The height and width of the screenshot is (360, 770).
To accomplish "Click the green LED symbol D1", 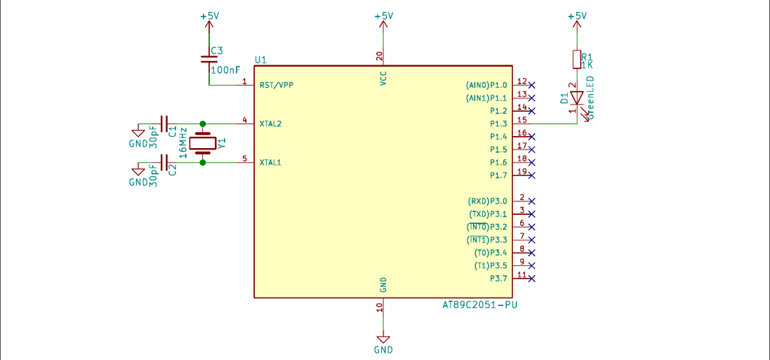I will click(577, 98).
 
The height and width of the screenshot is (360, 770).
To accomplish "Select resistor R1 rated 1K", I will click(577, 59).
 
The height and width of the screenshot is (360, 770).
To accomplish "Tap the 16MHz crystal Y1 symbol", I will click(203, 142).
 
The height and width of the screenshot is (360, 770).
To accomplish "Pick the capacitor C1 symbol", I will click(165, 123).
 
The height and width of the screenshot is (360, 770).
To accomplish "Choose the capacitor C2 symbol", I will click(165, 162).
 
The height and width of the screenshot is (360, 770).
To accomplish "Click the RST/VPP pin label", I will click(276, 85).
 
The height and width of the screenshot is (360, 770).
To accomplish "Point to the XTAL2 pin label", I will click(271, 123).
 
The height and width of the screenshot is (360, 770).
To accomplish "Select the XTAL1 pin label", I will click(271, 162).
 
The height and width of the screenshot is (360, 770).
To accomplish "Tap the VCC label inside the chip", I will click(383, 79).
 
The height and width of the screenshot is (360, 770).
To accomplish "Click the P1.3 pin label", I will click(499, 123).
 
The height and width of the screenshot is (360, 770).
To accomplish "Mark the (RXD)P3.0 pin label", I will click(487, 201).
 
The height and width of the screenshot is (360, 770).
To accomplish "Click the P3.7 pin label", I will click(499, 278).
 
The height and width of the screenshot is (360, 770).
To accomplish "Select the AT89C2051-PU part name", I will click(480, 305).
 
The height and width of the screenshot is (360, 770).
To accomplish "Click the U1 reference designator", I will click(260, 59).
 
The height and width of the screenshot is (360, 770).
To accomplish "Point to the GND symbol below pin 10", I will click(383, 342).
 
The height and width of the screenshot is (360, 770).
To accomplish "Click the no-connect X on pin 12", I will click(532, 85).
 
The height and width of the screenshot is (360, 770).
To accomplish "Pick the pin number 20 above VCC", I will click(380, 56).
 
